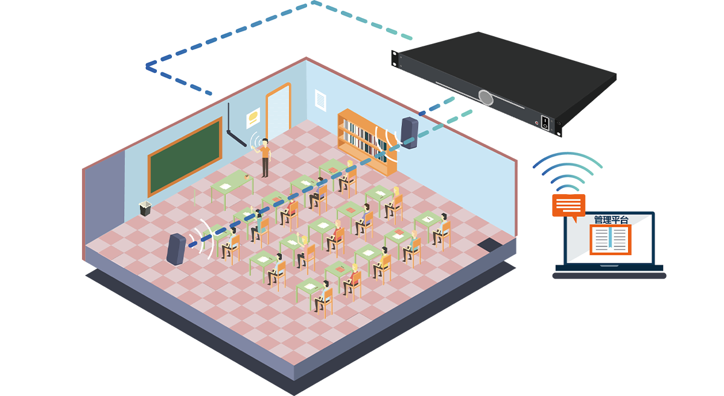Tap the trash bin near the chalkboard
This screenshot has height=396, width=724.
[145, 209]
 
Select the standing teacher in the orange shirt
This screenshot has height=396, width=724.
[265, 157]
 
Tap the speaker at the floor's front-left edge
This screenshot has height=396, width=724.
[176, 250]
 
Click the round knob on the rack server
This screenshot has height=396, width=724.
[486, 96]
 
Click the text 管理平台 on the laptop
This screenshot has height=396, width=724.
[611, 219]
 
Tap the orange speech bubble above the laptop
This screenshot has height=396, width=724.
[568, 206]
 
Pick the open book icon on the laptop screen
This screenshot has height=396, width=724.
[611, 240]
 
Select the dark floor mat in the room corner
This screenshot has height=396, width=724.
[489, 245]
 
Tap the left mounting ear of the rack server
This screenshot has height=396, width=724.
[395, 58]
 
